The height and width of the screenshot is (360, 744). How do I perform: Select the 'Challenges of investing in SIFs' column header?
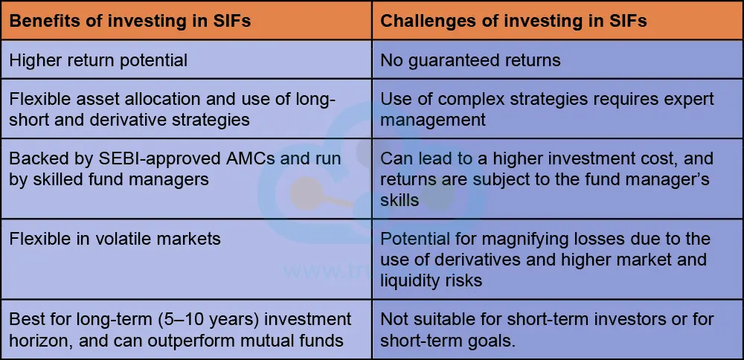[x=513, y=21]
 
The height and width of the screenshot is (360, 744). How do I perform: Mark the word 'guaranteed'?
[x=456, y=60]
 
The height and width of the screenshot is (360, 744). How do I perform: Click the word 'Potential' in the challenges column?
[x=415, y=239]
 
